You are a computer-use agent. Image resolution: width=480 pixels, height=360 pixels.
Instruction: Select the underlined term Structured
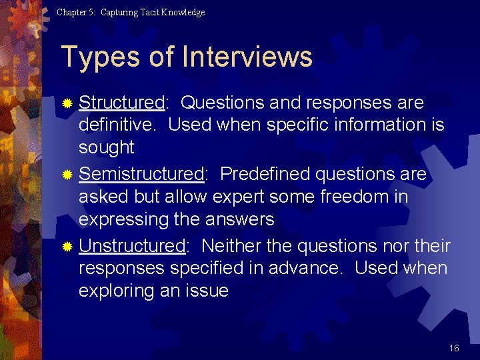[x=121, y=103]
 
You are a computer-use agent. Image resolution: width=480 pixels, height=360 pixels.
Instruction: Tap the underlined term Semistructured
[x=141, y=174]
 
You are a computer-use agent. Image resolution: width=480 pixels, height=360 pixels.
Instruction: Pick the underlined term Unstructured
[x=132, y=246]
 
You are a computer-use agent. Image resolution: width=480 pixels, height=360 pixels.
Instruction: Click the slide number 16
[x=454, y=348]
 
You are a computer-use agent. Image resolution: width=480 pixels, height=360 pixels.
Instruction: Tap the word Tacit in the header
[x=144, y=12]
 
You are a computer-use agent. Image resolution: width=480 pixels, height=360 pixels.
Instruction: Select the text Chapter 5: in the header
[x=77, y=12]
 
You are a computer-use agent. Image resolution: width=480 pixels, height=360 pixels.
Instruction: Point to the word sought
[x=107, y=147]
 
